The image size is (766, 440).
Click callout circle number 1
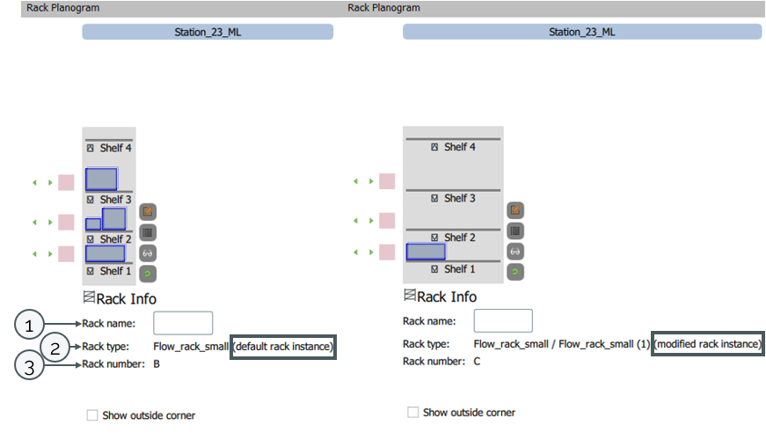pyautogui.click(x=30, y=324)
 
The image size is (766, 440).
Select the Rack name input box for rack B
pyautogui.click(x=183, y=323)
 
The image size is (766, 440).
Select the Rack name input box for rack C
pyautogui.click(x=503, y=321)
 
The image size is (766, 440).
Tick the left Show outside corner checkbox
pyautogui.click(x=92, y=414)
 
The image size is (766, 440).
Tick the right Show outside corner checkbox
pyautogui.click(x=412, y=412)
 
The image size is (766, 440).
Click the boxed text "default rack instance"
pyautogui.click(x=282, y=347)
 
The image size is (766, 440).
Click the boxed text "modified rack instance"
pyautogui.click(x=708, y=344)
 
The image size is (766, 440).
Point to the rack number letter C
pyautogui.click(x=478, y=361)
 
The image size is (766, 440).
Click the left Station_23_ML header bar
pyautogui.click(x=208, y=32)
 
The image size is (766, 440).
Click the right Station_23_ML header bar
pyautogui.click(x=581, y=32)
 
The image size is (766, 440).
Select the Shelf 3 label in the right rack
pyautogui.click(x=454, y=198)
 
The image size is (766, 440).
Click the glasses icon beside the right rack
pyautogui.click(x=515, y=252)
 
